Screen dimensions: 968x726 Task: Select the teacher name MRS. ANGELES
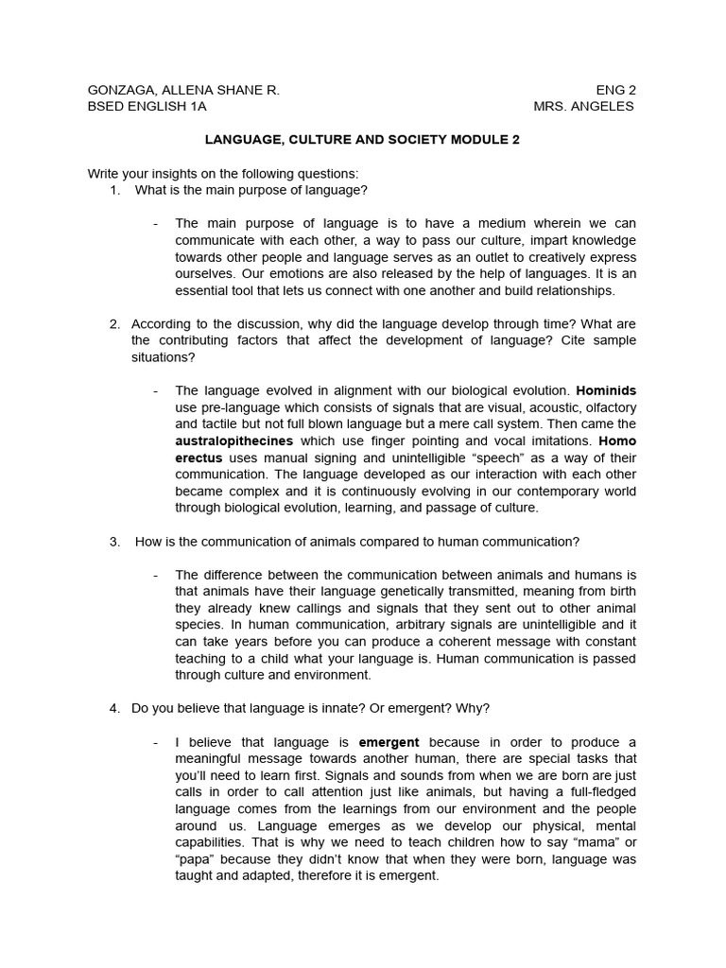pos(583,106)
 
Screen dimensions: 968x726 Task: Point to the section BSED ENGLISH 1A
pos(147,106)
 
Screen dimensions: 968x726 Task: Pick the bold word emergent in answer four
pos(389,742)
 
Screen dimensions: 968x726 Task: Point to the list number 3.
pos(114,542)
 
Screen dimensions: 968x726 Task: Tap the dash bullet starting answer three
pos(154,575)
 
